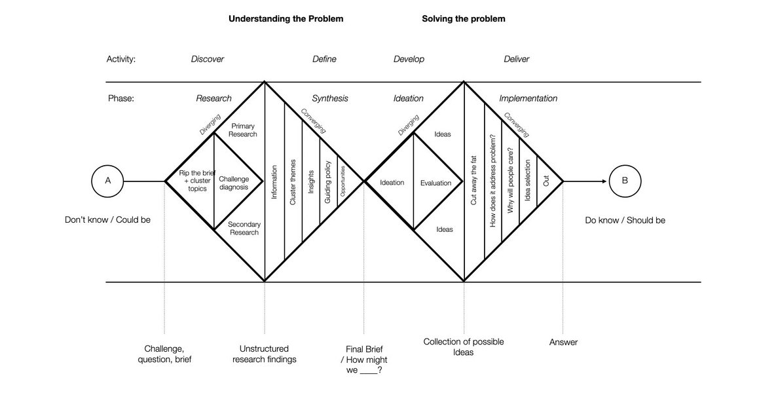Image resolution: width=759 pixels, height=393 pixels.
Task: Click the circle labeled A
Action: point(108,181)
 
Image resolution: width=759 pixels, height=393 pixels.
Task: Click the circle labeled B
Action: point(625,181)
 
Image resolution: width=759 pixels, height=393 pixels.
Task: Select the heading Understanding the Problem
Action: point(286,19)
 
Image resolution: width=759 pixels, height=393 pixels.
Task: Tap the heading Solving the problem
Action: point(464,19)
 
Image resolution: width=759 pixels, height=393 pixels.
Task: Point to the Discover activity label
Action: point(208,59)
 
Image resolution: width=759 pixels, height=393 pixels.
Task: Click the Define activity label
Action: point(324,59)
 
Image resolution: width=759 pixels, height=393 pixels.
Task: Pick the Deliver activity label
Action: point(516,59)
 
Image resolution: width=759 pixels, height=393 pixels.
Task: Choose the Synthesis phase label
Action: point(330,98)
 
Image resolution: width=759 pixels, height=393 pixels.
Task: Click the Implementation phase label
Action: point(528,98)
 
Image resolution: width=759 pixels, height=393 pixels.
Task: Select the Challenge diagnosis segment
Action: point(234,183)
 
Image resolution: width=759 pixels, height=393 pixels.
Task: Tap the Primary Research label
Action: point(243,130)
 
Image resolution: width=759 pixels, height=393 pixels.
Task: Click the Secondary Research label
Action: point(244,228)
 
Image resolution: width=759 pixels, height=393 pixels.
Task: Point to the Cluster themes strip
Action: point(293,183)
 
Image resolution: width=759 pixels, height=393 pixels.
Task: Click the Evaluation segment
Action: point(436,183)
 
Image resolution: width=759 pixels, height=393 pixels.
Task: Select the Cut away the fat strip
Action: point(474,181)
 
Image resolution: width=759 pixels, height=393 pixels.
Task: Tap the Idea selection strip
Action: point(528,181)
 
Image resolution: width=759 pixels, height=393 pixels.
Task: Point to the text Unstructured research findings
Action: point(265,354)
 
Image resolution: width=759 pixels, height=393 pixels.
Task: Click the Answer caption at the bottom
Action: point(563,342)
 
